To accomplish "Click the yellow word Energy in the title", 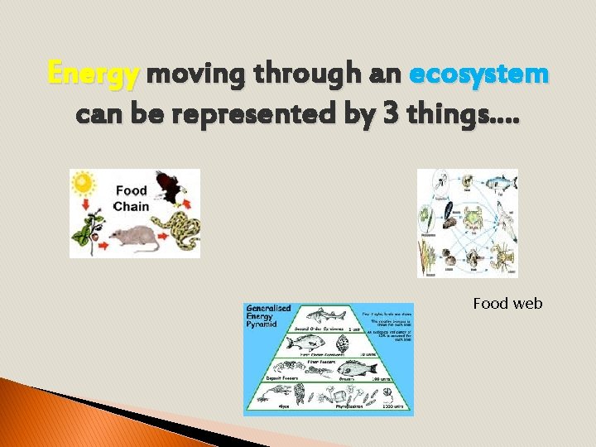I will point(94,74).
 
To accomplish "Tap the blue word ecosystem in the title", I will point(478,74).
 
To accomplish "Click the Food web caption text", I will point(507,304).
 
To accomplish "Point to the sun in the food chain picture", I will point(84,184).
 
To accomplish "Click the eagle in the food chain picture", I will point(171,186).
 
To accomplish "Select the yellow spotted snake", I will point(184,230).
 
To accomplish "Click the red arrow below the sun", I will point(84,209).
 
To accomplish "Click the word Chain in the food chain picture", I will point(131,206).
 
